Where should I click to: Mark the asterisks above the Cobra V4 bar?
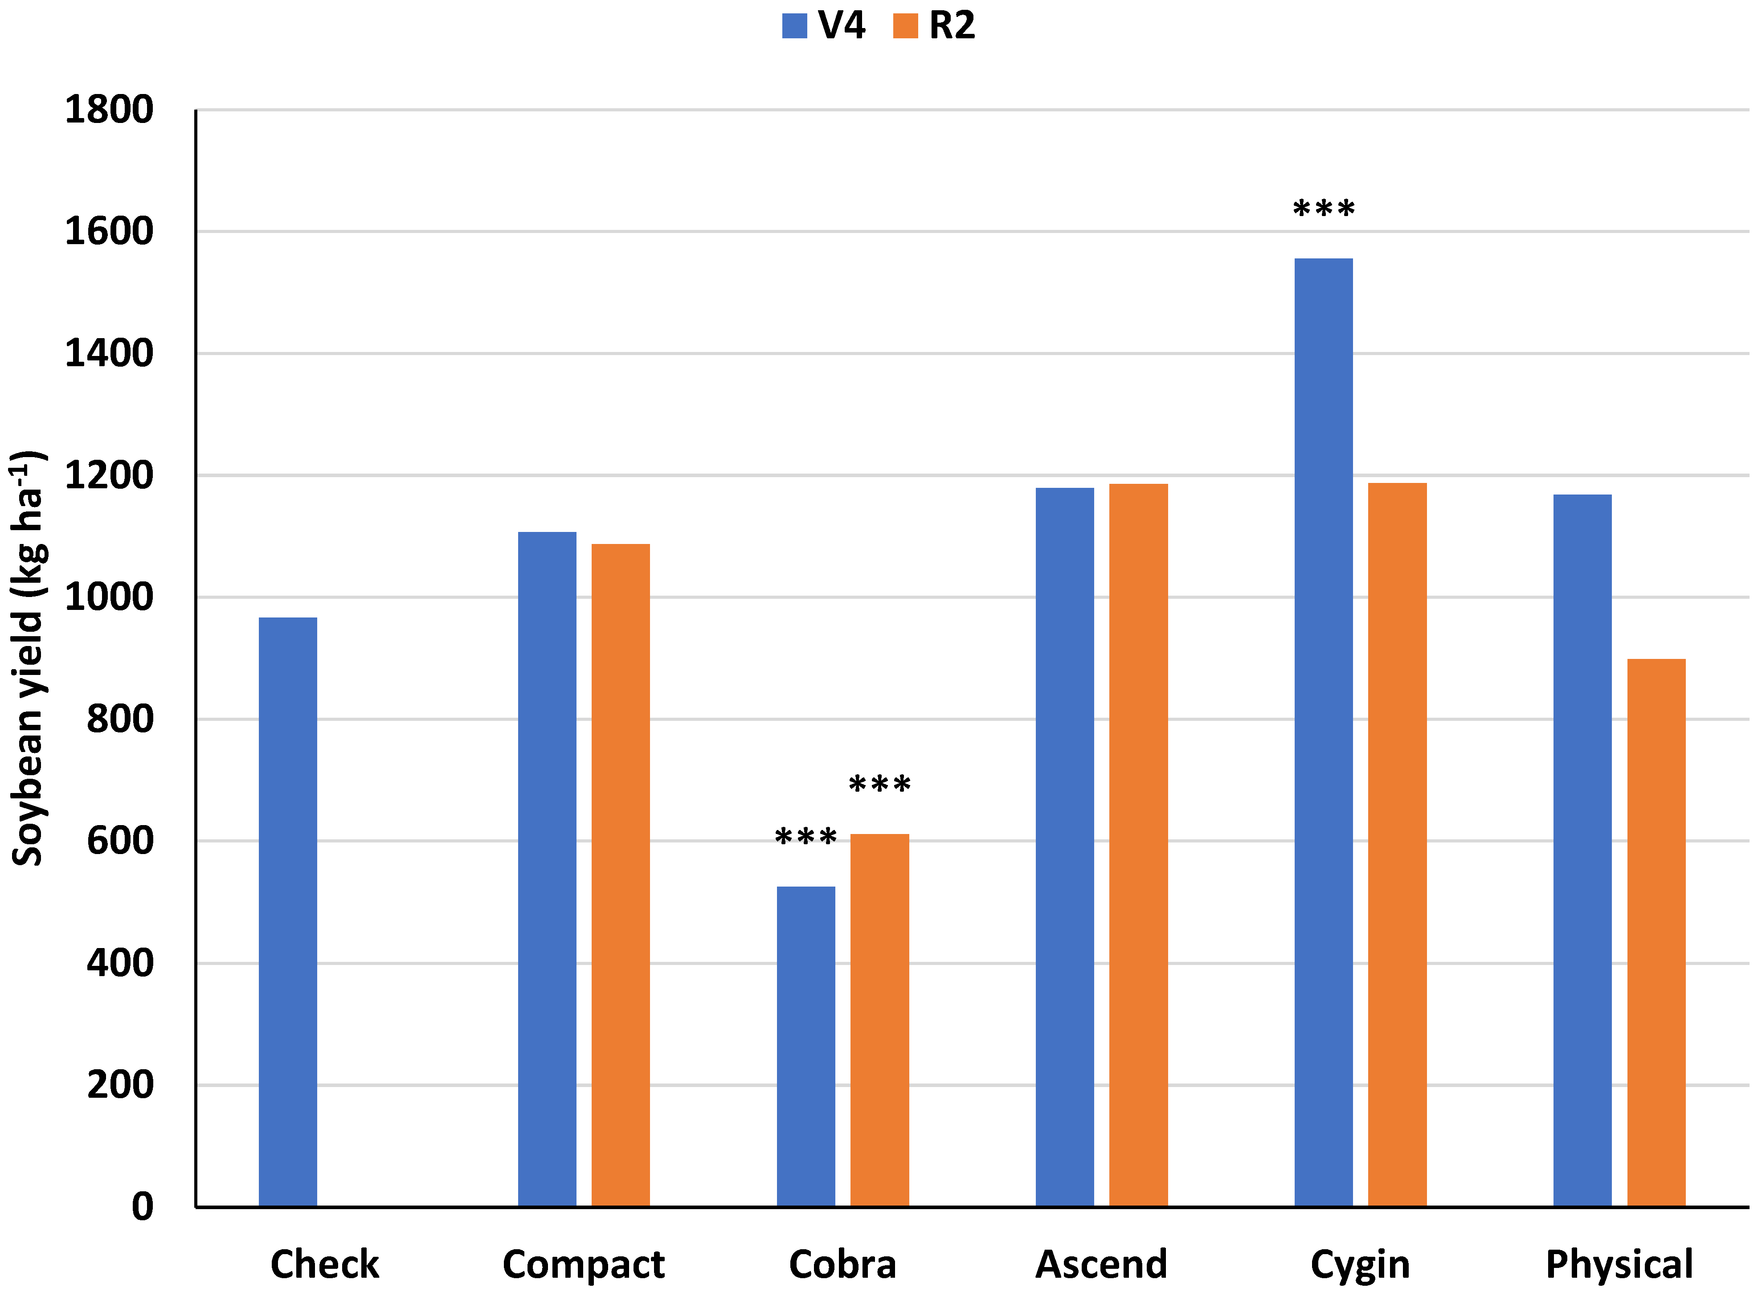tap(805, 837)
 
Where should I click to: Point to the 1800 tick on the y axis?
tap(109, 110)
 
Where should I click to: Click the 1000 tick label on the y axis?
tap(109, 597)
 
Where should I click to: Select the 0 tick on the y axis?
tap(142, 1206)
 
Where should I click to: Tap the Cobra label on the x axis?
tap(842, 1265)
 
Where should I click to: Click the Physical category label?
tap(1619, 1265)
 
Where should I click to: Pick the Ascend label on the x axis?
tap(1101, 1265)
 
